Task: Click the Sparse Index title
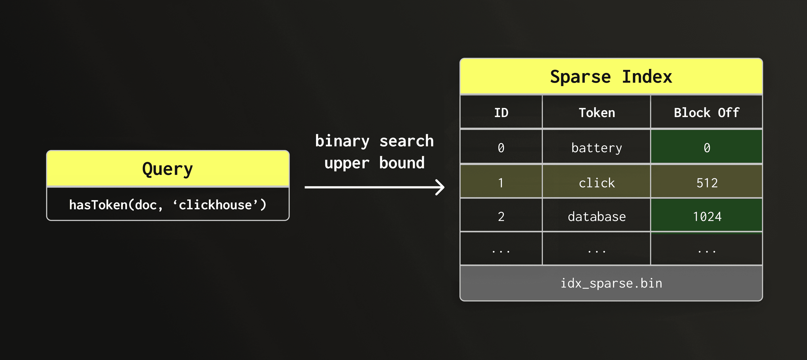pos(611,77)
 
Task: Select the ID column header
pos(501,113)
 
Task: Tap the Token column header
pos(597,113)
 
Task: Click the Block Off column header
pos(707,113)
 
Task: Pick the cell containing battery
pos(597,148)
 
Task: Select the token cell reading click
pos(597,183)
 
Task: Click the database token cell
pos(597,217)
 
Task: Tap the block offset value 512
pos(707,183)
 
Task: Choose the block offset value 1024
pos(707,217)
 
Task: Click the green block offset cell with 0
pos(707,148)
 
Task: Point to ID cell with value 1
pos(501,183)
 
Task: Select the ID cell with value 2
pos(501,217)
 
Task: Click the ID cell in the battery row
pos(501,148)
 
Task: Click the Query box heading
pos(168,169)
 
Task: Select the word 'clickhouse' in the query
pos(215,205)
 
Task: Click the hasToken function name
pos(98,205)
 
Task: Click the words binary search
pos(374,141)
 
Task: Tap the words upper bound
pos(374,163)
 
